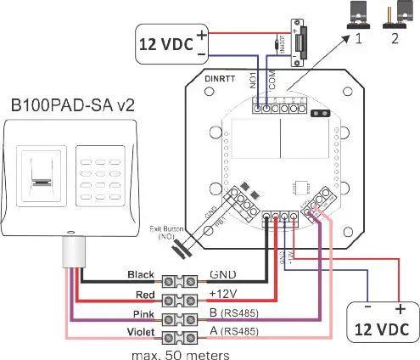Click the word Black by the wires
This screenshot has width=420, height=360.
coord(140,276)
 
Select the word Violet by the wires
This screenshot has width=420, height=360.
coord(140,329)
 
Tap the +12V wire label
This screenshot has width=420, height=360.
coord(223,294)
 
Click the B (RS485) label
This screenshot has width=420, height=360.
coord(234,312)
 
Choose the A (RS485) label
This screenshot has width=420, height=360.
coord(234,329)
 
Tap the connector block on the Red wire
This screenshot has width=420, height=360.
coord(182,294)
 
